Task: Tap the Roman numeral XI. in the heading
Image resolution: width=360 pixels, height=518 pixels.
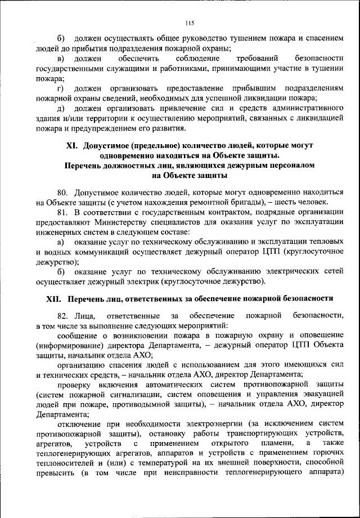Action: pyautogui.click(x=71, y=145)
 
